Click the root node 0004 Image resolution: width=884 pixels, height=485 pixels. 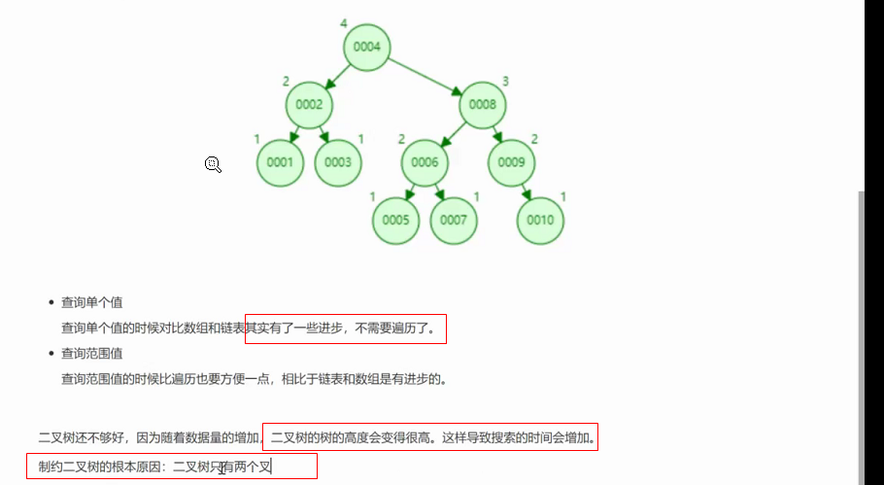click(367, 47)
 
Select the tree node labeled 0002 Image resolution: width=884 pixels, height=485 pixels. click(309, 104)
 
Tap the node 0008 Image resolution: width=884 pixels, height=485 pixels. click(483, 104)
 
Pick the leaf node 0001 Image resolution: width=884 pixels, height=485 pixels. click(280, 162)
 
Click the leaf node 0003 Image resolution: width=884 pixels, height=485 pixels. click(338, 162)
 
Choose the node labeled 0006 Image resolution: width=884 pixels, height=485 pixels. click(425, 162)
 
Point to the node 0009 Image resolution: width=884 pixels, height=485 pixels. click(511, 162)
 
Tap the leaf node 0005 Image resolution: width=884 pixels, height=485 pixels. click(395, 220)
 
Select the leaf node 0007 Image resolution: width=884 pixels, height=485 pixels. click(454, 220)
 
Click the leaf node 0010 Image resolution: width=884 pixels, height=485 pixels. click(540, 220)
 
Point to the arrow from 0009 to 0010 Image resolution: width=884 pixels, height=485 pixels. click(526, 191)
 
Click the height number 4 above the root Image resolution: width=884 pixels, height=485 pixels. click(344, 23)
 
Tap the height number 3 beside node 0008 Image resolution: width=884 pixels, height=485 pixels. click(506, 81)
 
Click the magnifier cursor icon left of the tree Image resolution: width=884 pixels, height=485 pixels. click(213, 164)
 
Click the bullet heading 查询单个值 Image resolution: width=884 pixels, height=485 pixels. click(91, 302)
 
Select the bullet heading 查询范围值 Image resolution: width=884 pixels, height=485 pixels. click(91, 354)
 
